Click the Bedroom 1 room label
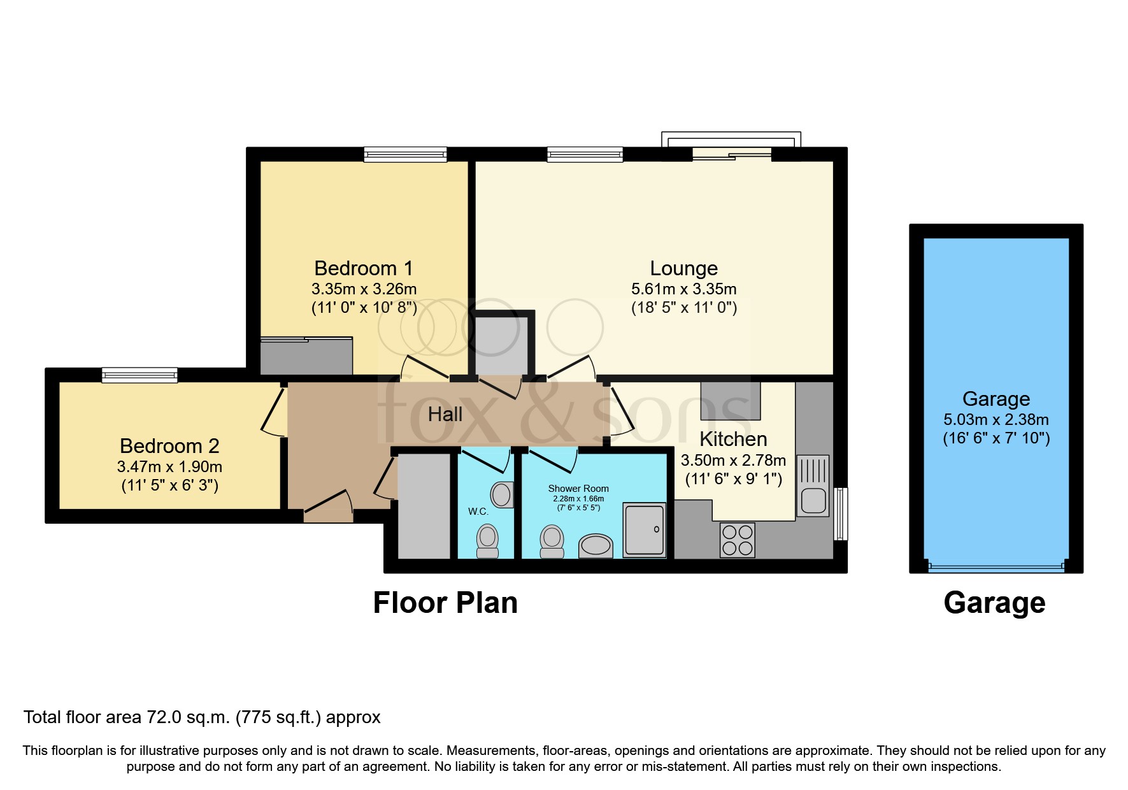pos(364,268)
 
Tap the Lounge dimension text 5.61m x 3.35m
pos(683,289)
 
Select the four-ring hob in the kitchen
pos(738,540)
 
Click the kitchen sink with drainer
pos(813,485)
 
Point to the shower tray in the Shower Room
pos(644,530)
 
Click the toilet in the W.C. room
pos(488,540)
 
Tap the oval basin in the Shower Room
pos(596,546)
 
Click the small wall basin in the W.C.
pos(502,494)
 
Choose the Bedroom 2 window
pos(139,375)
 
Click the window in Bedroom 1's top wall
pos(405,154)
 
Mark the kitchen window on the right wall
pos(841,513)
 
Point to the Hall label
pos(445,415)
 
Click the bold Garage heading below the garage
pos(994,603)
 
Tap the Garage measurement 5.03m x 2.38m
pos(996,420)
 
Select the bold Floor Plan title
pos(445,603)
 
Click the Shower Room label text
pos(578,489)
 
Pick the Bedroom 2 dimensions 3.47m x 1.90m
pos(169,467)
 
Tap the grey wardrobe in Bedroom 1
pos(306,356)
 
